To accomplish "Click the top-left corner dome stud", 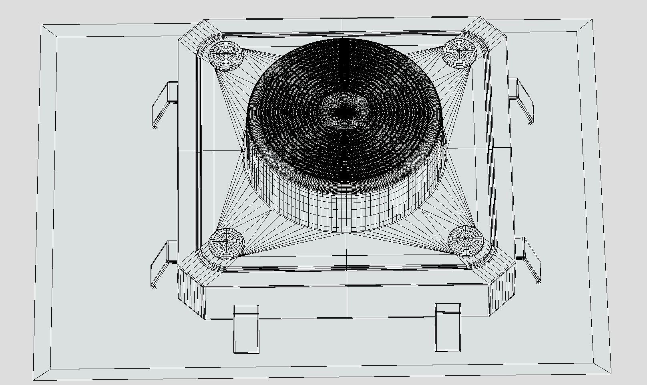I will pyautogui.click(x=226, y=55).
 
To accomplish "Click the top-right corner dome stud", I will pyautogui.click(x=459, y=52).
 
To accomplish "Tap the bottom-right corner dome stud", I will pyautogui.click(x=466, y=241).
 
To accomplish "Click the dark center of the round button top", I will pyautogui.click(x=343, y=113).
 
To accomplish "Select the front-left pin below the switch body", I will pyautogui.click(x=246, y=330).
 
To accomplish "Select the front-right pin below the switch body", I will pyautogui.click(x=448, y=327).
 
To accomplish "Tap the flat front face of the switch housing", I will pyautogui.click(x=347, y=302).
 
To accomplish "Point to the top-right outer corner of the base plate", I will pyautogui.click(x=592, y=18).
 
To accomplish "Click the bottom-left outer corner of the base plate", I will pyautogui.click(x=34, y=379).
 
